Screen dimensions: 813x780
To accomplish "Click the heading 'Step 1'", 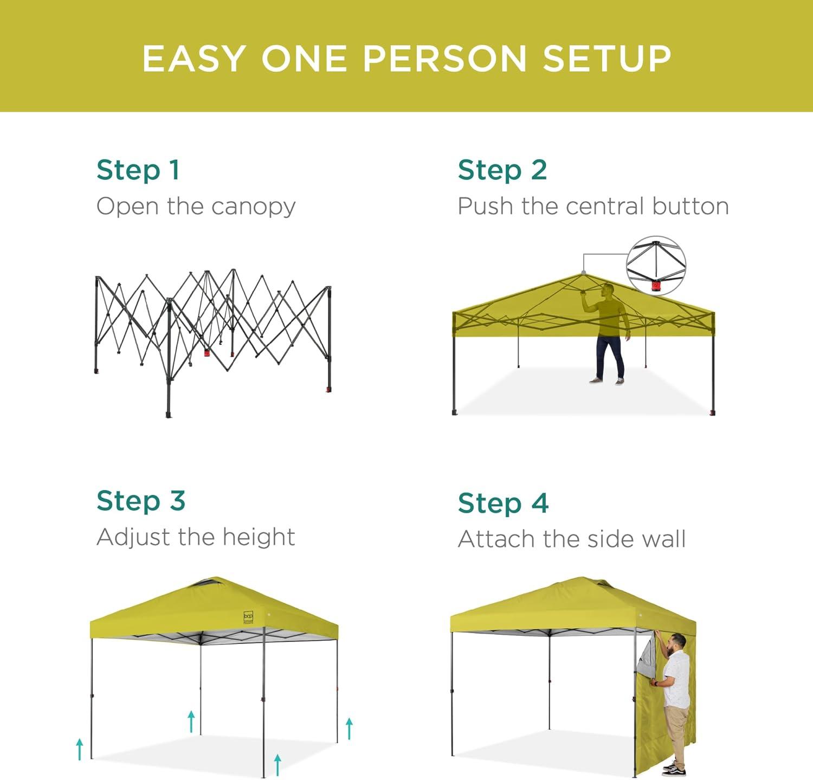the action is point(138,170).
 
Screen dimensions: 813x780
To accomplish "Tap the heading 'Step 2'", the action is point(502,170).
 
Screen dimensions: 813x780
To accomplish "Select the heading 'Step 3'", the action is point(141,500).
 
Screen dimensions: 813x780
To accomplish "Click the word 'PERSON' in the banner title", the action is point(444,58).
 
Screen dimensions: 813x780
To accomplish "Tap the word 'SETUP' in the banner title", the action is point(607,58).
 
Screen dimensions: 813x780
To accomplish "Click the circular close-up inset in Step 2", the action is point(656,266).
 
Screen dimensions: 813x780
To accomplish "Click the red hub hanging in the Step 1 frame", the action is point(207,352).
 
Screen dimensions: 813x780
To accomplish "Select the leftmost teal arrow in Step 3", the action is point(80,749).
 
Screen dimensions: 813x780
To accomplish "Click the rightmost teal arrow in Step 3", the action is point(350,729).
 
